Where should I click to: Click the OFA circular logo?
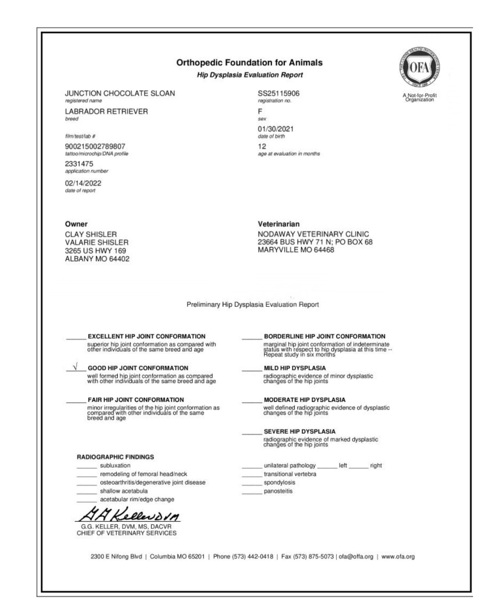419,67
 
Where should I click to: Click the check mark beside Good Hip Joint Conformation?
76,366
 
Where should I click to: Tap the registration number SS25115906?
278,93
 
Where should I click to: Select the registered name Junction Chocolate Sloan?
120,93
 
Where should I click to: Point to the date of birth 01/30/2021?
275,129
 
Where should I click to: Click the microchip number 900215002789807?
95,147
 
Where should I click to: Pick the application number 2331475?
79,164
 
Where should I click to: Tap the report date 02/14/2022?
83,183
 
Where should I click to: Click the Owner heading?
76,224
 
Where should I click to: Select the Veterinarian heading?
278,224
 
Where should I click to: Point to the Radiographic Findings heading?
115,457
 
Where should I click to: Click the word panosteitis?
278,491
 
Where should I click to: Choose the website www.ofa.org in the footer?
398,557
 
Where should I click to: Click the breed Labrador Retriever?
106,112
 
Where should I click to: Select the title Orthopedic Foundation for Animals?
249,63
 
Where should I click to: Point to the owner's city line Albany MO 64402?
97,259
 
